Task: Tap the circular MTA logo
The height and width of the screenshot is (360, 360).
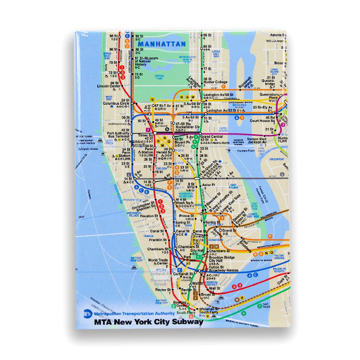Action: click(87, 314)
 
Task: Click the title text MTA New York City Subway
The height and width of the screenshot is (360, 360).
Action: click(148, 321)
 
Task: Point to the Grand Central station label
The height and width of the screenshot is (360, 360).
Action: click(212, 137)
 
